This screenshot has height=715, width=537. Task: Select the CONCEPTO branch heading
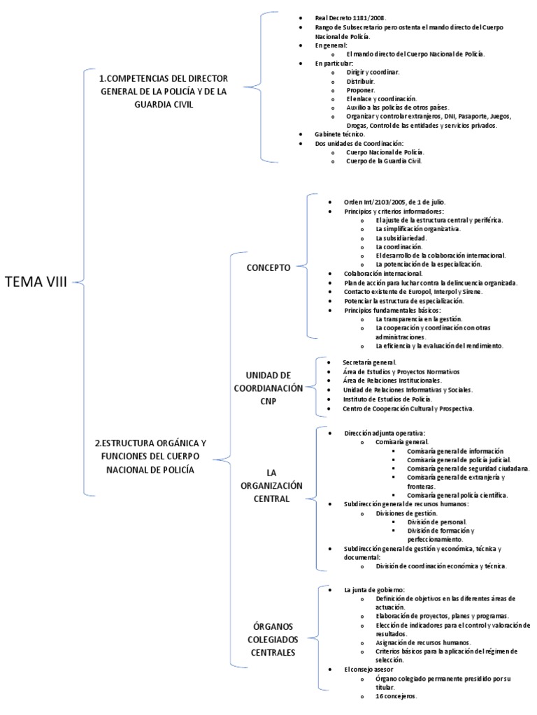268,267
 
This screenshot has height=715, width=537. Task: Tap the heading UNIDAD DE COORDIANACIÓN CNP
268,388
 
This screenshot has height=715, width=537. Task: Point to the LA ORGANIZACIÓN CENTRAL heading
268,485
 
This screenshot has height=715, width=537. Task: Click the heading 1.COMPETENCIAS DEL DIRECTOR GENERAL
163,91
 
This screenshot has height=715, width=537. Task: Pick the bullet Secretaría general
369,362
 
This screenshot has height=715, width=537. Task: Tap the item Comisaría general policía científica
457,494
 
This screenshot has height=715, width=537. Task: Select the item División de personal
436,522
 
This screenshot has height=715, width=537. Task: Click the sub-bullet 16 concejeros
396,696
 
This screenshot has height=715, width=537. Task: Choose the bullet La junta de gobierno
374,589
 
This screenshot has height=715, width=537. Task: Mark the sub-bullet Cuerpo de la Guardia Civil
384,161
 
